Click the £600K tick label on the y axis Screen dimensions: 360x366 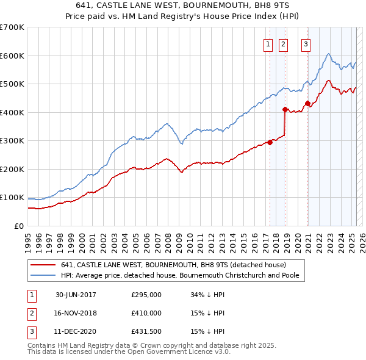click(x=12, y=56)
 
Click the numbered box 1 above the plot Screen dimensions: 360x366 click(x=268, y=43)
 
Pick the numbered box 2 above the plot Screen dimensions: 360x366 click(x=284, y=43)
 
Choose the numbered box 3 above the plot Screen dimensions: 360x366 click(x=306, y=43)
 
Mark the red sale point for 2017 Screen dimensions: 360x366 click(x=270, y=142)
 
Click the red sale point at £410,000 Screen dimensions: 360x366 click(x=285, y=110)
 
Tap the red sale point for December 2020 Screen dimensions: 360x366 click(x=307, y=103)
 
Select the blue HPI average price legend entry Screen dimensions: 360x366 click(x=182, y=276)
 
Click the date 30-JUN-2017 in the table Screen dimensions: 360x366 click(x=76, y=295)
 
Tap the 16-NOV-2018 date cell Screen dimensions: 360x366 click(x=76, y=313)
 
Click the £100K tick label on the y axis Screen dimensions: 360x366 click(x=12, y=198)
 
